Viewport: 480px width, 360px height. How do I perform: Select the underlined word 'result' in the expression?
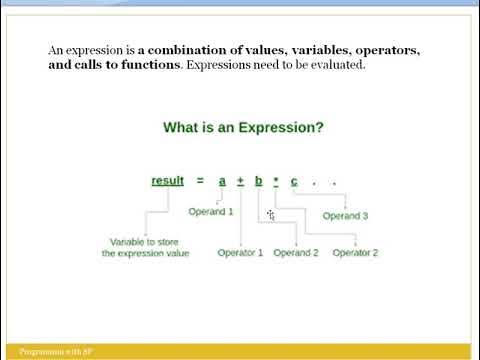167,180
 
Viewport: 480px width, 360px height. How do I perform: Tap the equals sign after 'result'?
199,180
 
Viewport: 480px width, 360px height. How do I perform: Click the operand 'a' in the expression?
223,180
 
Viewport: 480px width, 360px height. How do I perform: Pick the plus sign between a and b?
240,180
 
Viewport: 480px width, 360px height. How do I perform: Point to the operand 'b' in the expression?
258,180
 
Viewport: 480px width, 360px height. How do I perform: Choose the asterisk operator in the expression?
276,180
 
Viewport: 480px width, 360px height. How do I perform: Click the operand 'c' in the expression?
294,180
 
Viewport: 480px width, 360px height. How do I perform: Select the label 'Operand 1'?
210,211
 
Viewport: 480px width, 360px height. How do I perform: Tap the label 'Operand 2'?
295,253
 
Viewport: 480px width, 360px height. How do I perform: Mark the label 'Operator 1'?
240,253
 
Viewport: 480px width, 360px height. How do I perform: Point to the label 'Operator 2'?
355,253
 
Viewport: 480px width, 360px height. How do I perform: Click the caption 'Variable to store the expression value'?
153,248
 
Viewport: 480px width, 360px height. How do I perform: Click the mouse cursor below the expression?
270,214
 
